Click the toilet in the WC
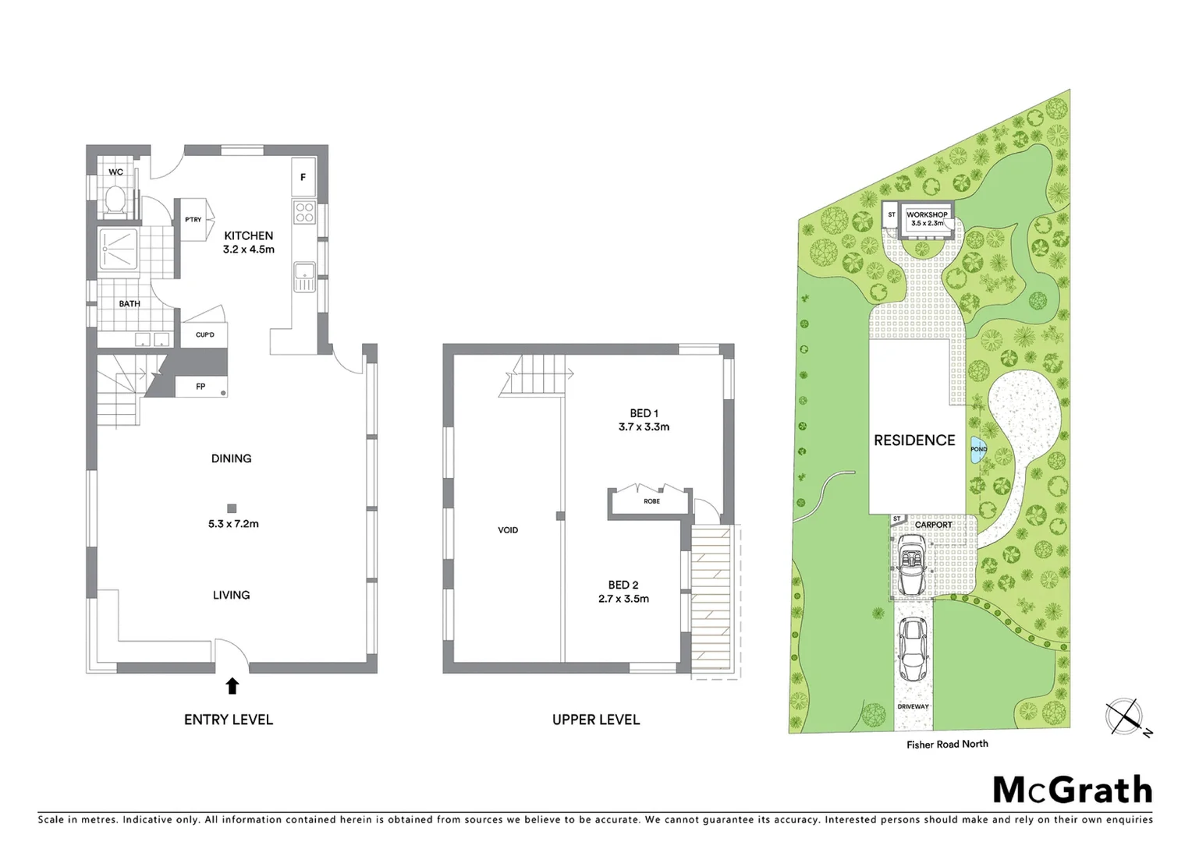(x=115, y=200)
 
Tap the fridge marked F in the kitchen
(x=303, y=178)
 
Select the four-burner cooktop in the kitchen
(x=303, y=212)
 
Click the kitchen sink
(x=303, y=276)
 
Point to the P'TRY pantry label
(x=193, y=220)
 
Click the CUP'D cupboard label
(x=204, y=335)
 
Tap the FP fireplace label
(x=200, y=387)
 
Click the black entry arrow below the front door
(x=232, y=686)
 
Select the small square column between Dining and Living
(x=232, y=508)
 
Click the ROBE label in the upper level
(x=651, y=501)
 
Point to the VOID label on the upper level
(x=508, y=530)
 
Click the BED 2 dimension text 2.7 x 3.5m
(x=623, y=599)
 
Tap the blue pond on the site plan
(x=978, y=450)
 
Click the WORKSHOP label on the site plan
(x=927, y=214)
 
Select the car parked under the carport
(x=911, y=565)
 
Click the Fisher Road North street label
(x=946, y=745)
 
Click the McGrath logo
(x=1072, y=790)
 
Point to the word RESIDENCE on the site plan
(x=914, y=440)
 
